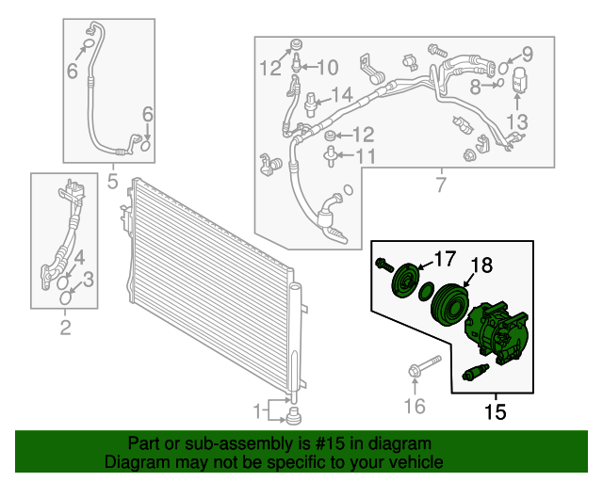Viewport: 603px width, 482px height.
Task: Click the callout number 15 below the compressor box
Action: pyautogui.click(x=495, y=411)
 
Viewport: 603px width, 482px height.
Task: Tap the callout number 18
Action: pyautogui.click(x=481, y=266)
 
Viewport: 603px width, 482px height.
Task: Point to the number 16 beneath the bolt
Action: pyautogui.click(x=415, y=406)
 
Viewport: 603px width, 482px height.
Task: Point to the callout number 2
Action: pyautogui.click(x=65, y=328)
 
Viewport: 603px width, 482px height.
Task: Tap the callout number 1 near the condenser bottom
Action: pyautogui.click(x=257, y=410)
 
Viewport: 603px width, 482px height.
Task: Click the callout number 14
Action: pyautogui.click(x=340, y=94)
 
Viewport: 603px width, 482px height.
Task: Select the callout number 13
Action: pyautogui.click(x=518, y=120)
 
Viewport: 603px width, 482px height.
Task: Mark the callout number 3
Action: pyautogui.click(x=89, y=279)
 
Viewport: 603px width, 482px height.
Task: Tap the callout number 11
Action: pyautogui.click(x=366, y=155)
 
